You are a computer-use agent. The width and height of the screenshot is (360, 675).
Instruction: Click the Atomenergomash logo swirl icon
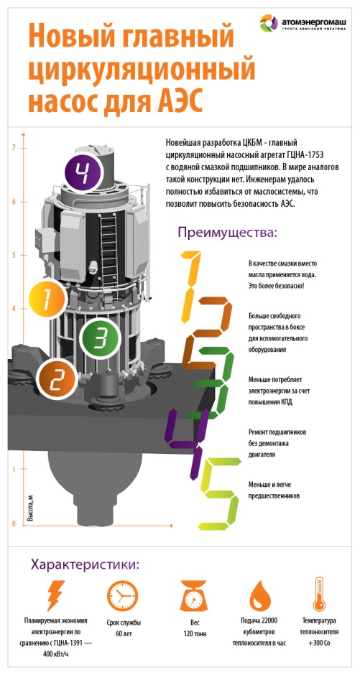[269, 23]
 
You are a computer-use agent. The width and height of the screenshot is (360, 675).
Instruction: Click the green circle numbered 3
[99, 339]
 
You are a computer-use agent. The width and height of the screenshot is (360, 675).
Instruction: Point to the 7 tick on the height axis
[14, 148]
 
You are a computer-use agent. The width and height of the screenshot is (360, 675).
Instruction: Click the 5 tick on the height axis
[14, 255]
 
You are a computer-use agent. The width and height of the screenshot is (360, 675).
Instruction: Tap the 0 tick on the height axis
[14, 524]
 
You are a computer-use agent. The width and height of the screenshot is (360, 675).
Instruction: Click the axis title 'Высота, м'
[30, 508]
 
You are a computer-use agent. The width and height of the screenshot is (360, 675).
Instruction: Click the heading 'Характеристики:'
[85, 565]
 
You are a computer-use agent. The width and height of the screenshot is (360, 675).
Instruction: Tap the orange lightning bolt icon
[56, 595]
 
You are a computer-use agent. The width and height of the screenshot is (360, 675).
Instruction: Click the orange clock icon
[123, 595]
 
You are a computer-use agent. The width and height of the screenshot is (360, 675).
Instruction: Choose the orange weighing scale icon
[194, 595]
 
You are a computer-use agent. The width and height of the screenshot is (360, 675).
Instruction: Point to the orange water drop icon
[262, 596]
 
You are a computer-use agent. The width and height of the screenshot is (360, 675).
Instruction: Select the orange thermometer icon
[320, 594]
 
